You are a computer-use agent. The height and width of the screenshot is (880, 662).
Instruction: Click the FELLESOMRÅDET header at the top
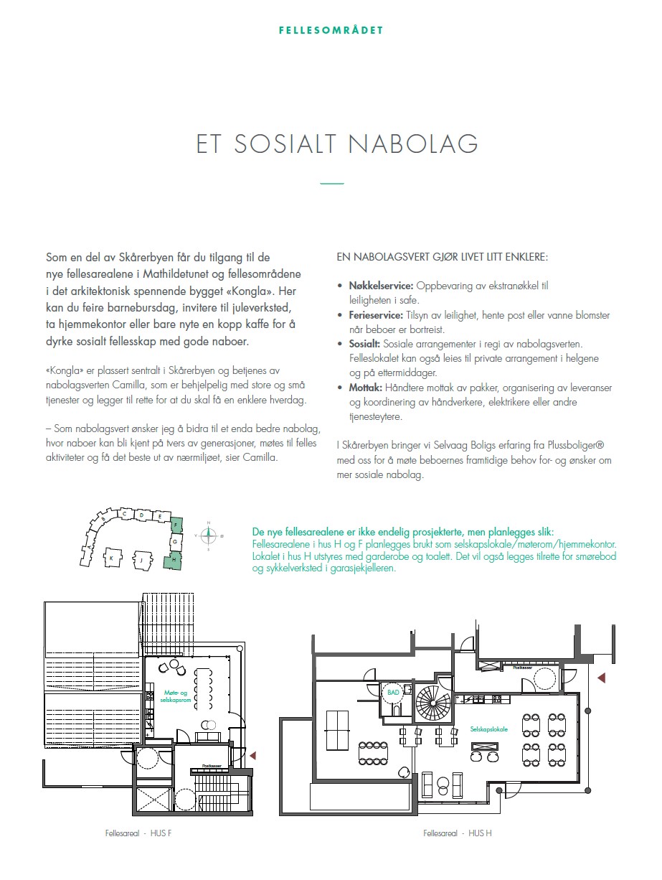pyautogui.click(x=331, y=31)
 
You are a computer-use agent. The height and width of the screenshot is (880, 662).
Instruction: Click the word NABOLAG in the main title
pyautogui.click(x=413, y=144)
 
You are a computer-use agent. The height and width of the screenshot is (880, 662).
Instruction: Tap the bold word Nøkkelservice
pyautogui.click(x=381, y=286)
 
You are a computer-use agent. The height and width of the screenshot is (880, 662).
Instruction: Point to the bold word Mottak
pyautogui.click(x=365, y=388)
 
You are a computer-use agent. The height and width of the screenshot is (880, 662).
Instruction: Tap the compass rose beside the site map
pyautogui.click(x=208, y=533)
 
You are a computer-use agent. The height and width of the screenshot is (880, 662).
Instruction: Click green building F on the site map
pyautogui.click(x=175, y=525)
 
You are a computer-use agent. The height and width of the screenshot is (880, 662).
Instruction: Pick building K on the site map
pyautogui.click(x=112, y=556)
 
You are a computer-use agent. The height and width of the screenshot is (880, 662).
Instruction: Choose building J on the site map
pyautogui.click(x=142, y=558)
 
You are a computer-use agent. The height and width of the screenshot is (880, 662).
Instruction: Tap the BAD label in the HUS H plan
pyautogui.click(x=392, y=693)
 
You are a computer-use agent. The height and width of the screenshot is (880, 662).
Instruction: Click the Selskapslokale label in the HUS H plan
pyautogui.click(x=489, y=729)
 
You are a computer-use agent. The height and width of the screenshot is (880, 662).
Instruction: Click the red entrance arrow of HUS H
pyautogui.click(x=601, y=677)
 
